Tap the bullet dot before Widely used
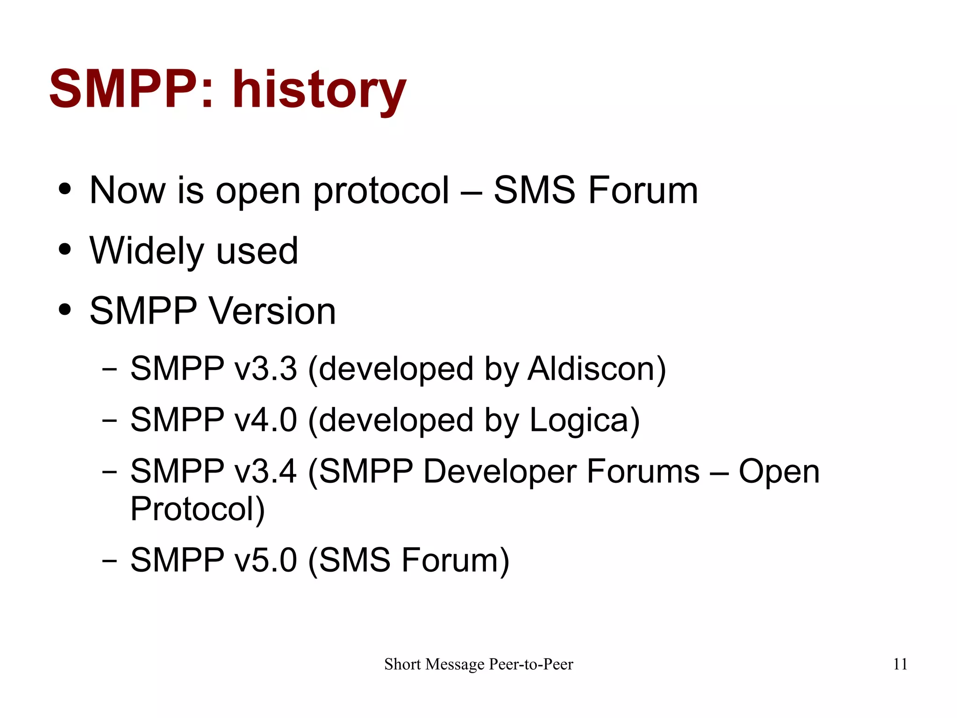pyautogui.click(x=65, y=249)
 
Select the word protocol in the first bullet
pyautogui.click(x=381, y=191)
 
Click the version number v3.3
pyautogui.click(x=265, y=369)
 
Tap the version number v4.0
pyautogui.click(x=265, y=420)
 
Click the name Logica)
pyautogui.click(x=584, y=421)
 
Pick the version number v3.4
pyautogui.click(x=265, y=471)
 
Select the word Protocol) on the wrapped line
pyautogui.click(x=197, y=509)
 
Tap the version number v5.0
pyautogui.click(x=265, y=560)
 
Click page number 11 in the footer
pyautogui.click(x=900, y=664)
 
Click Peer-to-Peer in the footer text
pyautogui.click(x=531, y=664)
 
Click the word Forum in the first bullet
pyautogui.click(x=643, y=190)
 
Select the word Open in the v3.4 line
pyautogui.click(x=779, y=471)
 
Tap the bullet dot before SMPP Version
pyautogui.click(x=65, y=310)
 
